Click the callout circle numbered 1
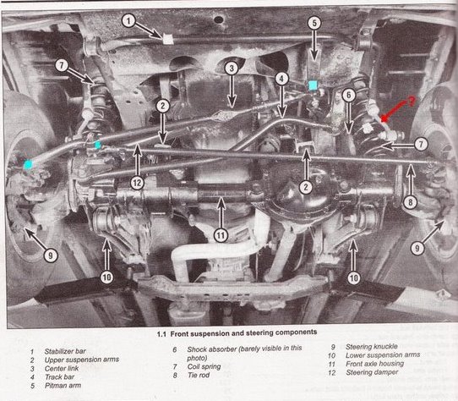[128, 20]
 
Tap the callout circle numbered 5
[314, 23]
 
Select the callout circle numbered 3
[232, 69]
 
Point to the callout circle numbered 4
[281, 79]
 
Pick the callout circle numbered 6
[348, 95]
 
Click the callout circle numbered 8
[411, 202]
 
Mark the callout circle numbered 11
[221, 235]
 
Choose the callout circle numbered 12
[137, 183]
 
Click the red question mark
[412, 101]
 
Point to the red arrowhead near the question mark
[384, 119]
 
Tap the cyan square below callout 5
[313, 85]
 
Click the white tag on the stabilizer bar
[167, 39]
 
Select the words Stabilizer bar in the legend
[65, 351]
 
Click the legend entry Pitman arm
[63, 386]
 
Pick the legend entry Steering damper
[372, 372]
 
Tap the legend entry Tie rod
[199, 375]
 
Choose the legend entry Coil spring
[204, 366]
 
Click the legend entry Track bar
[59, 376]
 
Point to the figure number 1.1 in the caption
[161, 334]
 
